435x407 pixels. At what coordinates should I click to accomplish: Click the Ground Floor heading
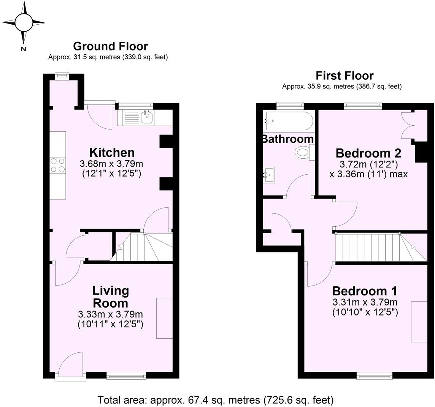click(x=110, y=46)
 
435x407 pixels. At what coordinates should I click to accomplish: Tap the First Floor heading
click(x=345, y=76)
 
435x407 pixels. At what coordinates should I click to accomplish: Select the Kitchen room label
click(x=112, y=153)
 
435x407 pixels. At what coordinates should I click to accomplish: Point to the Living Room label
click(x=110, y=297)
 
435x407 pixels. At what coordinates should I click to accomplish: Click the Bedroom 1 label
click(x=364, y=291)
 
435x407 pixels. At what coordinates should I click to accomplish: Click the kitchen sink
click(x=147, y=117)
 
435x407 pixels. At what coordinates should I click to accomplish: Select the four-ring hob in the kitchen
click(x=57, y=165)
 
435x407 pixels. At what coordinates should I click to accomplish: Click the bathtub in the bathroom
click(x=289, y=121)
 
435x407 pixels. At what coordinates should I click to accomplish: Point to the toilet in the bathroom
click(x=303, y=153)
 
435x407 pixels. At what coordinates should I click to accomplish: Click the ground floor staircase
click(x=143, y=247)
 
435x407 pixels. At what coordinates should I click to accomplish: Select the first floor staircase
click(x=380, y=248)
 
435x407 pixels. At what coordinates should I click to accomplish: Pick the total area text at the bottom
click(x=216, y=400)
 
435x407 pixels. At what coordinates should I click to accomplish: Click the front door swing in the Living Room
click(x=70, y=364)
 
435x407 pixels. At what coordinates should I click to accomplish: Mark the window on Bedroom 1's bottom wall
click(x=375, y=376)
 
